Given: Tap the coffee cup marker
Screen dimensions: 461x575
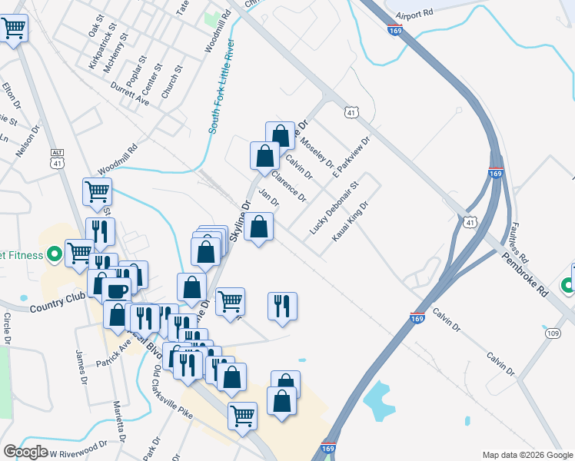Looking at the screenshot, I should [x=117, y=290].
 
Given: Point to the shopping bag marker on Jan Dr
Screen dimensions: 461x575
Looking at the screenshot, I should [x=259, y=227].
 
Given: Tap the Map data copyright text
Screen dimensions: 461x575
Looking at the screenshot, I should [x=527, y=455].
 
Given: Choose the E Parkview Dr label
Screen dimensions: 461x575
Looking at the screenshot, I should [x=351, y=157].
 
